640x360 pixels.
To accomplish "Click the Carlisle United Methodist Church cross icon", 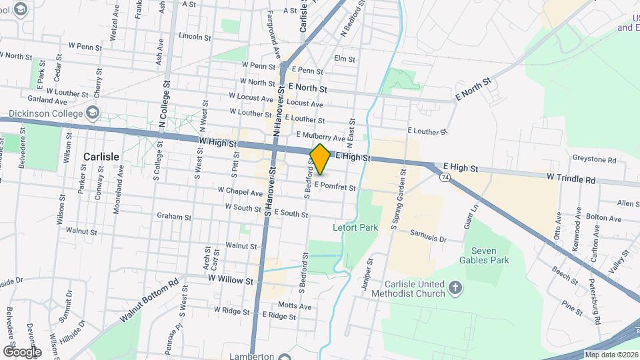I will (x=455, y=288).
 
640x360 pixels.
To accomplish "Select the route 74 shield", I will (x=444, y=177).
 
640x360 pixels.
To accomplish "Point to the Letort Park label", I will (x=355, y=228).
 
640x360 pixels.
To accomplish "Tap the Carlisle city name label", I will (x=101, y=157).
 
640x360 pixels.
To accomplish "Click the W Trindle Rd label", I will (x=571, y=179).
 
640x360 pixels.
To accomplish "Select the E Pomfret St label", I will (x=335, y=187).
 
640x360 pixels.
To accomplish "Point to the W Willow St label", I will (x=231, y=281).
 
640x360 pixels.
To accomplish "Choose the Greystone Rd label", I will (x=594, y=159).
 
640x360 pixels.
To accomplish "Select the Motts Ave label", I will (x=295, y=306).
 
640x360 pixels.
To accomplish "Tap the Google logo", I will (x=22, y=351).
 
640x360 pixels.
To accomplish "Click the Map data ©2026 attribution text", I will (x=611, y=355).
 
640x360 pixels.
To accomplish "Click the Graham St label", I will (x=174, y=217).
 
